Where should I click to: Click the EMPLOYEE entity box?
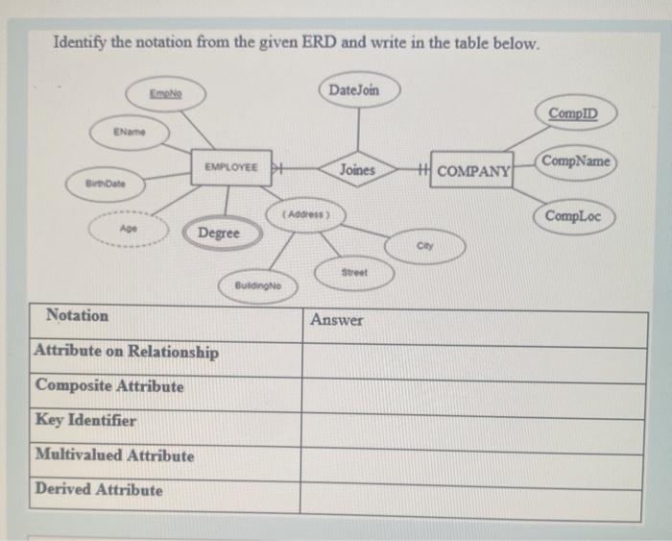tap(229, 167)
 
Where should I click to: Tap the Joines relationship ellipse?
tap(357, 169)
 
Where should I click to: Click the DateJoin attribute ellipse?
tap(353, 89)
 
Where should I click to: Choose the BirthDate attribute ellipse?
tap(104, 181)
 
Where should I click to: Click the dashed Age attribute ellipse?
tap(128, 231)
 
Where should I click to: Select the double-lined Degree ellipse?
tap(219, 234)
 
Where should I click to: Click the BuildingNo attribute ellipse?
tap(258, 285)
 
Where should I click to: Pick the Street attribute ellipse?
tap(354, 273)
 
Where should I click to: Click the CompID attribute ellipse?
tap(572, 114)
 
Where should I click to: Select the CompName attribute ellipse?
tap(575, 160)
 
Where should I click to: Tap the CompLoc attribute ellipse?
tap(573, 216)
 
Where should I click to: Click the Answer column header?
tap(337, 320)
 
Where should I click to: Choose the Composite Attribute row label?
tap(109, 386)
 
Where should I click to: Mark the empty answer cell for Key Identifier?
tap(472, 421)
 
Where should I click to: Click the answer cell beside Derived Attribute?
tap(472, 490)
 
